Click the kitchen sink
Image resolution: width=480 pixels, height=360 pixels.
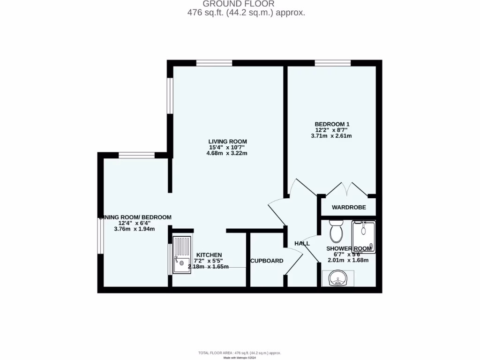coord(182,255)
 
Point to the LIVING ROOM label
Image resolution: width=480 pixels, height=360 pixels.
coord(228,141)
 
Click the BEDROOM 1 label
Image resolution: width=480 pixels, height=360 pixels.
coord(331,124)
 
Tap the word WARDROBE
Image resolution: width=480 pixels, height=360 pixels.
coord(348,207)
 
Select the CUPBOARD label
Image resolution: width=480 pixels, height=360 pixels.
coord(267,261)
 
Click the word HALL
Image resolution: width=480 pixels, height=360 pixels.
coord(302,243)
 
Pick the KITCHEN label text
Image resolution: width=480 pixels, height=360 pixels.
coord(209,255)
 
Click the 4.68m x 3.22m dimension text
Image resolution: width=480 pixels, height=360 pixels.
coord(227,153)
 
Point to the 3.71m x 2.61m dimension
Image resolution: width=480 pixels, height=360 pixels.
coord(331,136)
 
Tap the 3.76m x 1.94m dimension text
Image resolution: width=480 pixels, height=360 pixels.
coord(135,229)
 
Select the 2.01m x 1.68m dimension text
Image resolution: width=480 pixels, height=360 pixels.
coord(348,260)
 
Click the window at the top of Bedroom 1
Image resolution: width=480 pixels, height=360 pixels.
coord(333,63)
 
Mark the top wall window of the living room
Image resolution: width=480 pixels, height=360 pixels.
coord(214,63)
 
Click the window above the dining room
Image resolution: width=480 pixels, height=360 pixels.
coord(136,155)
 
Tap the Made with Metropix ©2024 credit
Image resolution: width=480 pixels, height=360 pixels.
coord(240,358)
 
